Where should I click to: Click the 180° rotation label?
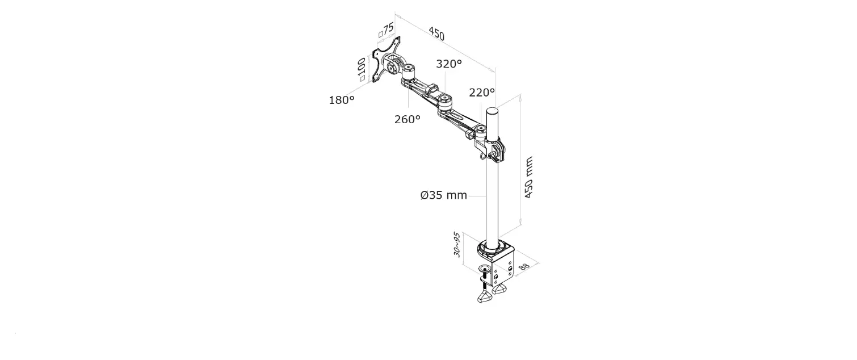(x=342, y=101)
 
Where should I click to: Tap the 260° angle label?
(x=408, y=120)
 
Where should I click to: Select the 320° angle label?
(x=449, y=64)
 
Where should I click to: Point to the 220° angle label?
(x=482, y=92)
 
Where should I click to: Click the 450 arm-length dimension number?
(x=436, y=34)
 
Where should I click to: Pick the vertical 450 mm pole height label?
(x=529, y=177)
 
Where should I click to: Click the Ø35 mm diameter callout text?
(x=443, y=195)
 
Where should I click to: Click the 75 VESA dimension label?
(x=387, y=30)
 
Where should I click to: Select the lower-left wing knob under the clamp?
(x=484, y=298)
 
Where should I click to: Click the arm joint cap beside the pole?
(x=480, y=132)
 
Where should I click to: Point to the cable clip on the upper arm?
(x=431, y=90)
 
